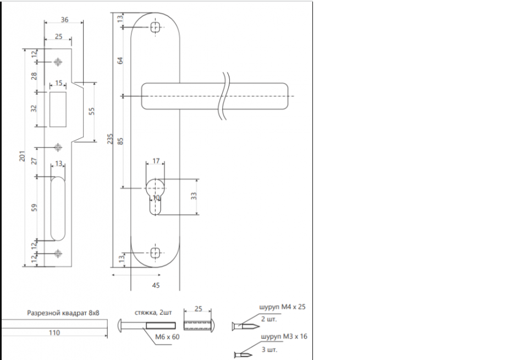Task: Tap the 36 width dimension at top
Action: (64, 20)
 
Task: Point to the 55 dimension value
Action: (92, 111)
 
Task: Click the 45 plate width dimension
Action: (155, 285)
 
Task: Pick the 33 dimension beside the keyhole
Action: (194, 197)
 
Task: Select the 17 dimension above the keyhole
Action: (156, 161)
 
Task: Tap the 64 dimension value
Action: (121, 61)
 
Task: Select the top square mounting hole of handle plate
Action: (155, 26)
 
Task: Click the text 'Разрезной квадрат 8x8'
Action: (63, 313)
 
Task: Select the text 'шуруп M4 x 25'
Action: (282, 307)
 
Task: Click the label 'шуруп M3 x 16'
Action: (282, 336)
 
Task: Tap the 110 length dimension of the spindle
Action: (53, 332)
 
